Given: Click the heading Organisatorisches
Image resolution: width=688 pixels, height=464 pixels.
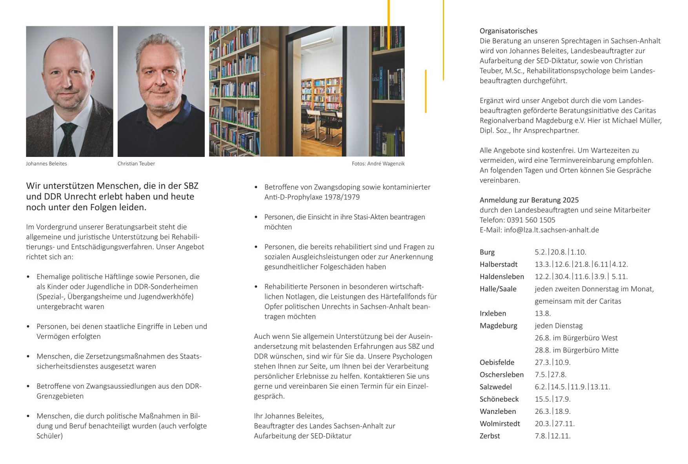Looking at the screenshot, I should pyautogui.click(x=508, y=31).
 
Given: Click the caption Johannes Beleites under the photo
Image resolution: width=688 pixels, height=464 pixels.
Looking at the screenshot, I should pyautogui.click(x=46, y=164).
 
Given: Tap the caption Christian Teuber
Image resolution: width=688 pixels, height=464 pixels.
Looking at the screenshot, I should pyautogui.click(x=136, y=164).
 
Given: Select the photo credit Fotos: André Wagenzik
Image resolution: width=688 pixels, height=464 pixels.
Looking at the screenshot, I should pyautogui.click(x=378, y=164).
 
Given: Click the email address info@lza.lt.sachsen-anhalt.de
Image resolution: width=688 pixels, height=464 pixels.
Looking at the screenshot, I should pyautogui.click(x=551, y=230).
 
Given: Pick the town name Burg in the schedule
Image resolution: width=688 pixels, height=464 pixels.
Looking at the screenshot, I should pyautogui.click(x=487, y=252).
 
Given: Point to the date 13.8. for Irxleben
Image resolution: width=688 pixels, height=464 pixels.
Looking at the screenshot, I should pyautogui.click(x=542, y=313).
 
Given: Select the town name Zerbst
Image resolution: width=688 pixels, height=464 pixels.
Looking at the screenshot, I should pyautogui.click(x=490, y=436).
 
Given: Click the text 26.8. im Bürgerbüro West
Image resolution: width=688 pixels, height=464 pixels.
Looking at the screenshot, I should pyautogui.click(x=576, y=338).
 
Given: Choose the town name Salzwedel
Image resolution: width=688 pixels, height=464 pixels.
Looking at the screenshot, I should pyautogui.click(x=495, y=387).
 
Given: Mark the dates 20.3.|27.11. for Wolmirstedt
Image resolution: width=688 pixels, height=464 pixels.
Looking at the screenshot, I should pyautogui.click(x=554, y=424).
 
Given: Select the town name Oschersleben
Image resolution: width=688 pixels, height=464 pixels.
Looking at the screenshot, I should pyautogui.click(x=501, y=375).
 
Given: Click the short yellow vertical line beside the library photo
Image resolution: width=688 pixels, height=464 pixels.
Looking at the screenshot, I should pyautogui.click(x=426, y=91).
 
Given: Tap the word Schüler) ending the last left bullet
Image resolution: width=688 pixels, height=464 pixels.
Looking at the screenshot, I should pyautogui.click(x=49, y=436).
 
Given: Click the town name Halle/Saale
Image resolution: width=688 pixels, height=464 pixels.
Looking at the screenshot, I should pyautogui.click(x=498, y=289).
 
